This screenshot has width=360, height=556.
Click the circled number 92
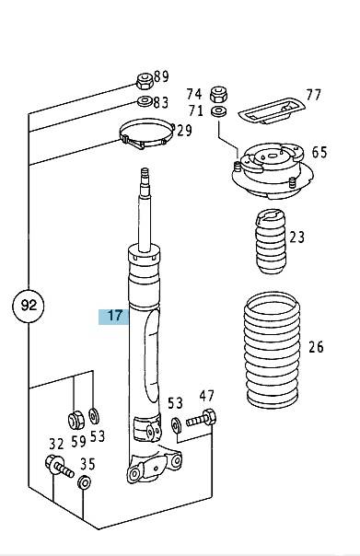pos(29,305)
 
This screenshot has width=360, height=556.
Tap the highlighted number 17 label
pos(114,316)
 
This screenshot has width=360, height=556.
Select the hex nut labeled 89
pos(145,81)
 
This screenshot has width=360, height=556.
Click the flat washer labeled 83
pos(145,102)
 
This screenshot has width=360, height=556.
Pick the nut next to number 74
pos(218,94)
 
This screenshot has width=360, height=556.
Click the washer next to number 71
pos(218,111)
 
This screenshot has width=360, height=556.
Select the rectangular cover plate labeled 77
pos(272,111)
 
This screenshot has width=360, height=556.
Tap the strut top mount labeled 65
pos(273,171)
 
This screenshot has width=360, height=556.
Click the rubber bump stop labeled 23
pos(271,241)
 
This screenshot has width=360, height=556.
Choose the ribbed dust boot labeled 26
pos(272,349)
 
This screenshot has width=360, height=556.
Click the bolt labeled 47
pos(201,419)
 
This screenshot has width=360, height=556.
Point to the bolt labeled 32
pos(59,467)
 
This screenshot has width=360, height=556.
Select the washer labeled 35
pos(84,481)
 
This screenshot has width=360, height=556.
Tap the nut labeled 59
pos(75,420)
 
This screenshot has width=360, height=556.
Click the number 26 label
pos(316,347)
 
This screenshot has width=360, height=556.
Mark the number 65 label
pos(319,153)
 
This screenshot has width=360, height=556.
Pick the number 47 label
pos(206,396)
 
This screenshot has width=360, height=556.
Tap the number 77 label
pos(314,95)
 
